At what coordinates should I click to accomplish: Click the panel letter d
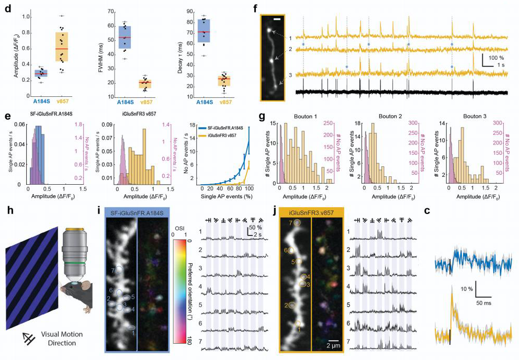pyautogui.click(x=6, y=8)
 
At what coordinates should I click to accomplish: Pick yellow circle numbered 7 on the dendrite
pyautogui.click(x=297, y=223)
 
